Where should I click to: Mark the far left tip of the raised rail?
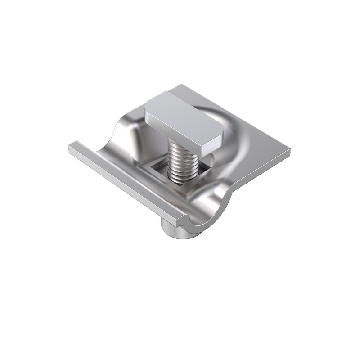point(71,146)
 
